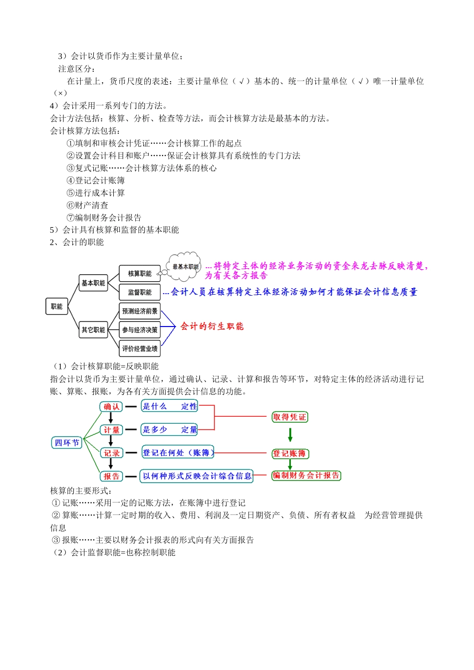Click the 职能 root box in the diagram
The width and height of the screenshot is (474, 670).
pyautogui.click(x=56, y=307)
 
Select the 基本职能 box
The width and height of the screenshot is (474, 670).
pyautogui.click(x=93, y=283)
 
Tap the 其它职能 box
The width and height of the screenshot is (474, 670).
pyautogui.click(x=93, y=330)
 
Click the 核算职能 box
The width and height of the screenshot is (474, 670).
pyautogui.click(x=140, y=274)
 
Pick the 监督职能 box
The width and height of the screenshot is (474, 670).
pyautogui.click(x=140, y=292)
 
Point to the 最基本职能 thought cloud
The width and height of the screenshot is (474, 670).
pyautogui.click(x=185, y=267)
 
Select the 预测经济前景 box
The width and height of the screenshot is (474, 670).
pyautogui.click(x=140, y=311)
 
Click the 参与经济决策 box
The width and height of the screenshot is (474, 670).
pyautogui.click(x=140, y=330)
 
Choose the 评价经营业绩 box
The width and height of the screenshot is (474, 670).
pyautogui.click(x=140, y=348)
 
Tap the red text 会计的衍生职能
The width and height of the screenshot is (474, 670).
pyautogui.click(x=212, y=326)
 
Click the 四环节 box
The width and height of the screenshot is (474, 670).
pyautogui.click(x=67, y=443)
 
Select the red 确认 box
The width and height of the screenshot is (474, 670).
pyautogui.click(x=111, y=407)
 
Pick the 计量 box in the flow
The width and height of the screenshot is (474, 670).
pyautogui.click(x=111, y=430)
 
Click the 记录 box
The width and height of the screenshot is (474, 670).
pyautogui.click(x=111, y=453)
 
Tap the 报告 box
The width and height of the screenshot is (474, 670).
pyautogui.click(x=111, y=476)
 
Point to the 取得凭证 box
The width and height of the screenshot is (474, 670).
pyautogui.click(x=290, y=417)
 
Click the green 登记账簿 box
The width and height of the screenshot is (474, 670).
pyautogui.click(x=290, y=454)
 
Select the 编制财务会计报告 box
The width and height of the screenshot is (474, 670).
pyautogui.click(x=306, y=476)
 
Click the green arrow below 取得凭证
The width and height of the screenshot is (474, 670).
pyautogui.click(x=290, y=435)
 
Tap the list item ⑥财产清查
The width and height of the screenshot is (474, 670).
pyautogui.click(x=87, y=205)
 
